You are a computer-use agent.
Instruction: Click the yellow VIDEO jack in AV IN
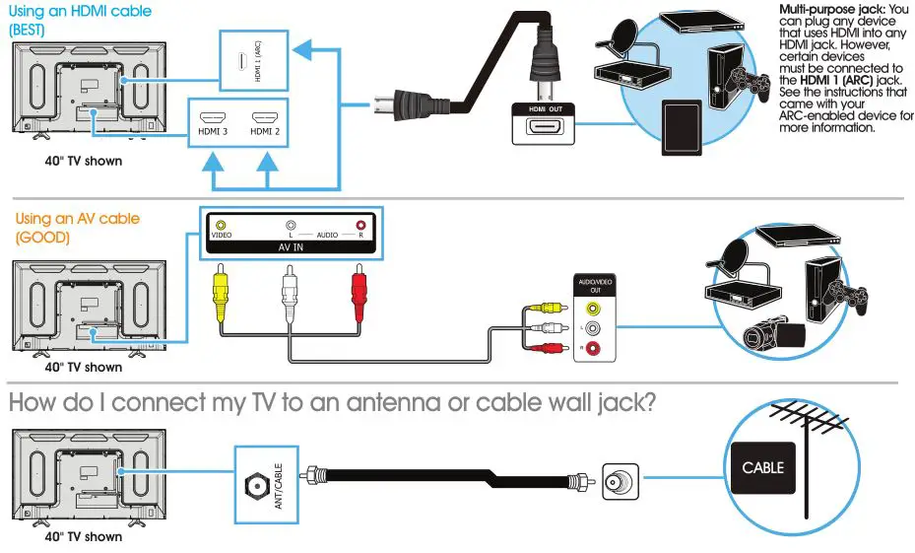[221, 226]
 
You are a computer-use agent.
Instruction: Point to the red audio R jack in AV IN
[361, 226]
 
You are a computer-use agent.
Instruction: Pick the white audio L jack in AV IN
[291, 226]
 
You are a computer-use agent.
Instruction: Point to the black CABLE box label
[762, 467]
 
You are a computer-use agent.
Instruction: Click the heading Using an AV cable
[78, 219]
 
